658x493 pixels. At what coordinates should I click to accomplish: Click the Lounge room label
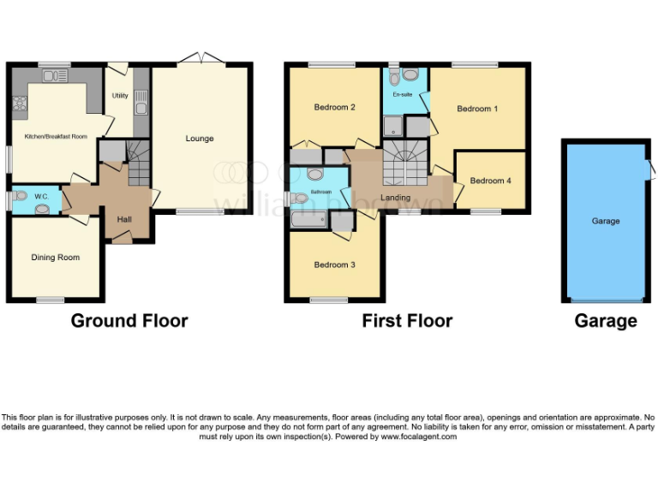[200, 139]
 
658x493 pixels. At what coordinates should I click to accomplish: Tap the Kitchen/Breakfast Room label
[56, 136]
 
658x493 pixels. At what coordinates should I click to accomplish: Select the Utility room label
[120, 95]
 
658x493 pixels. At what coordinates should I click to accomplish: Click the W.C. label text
[42, 197]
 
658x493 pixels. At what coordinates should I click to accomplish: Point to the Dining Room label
[56, 257]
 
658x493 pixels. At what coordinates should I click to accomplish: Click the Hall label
[124, 220]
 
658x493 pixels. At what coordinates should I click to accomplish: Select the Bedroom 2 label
[334, 107]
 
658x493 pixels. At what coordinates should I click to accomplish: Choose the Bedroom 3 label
[334, 264]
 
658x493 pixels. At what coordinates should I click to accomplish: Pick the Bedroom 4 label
[491, 181]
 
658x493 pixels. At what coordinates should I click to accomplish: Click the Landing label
[395, 198]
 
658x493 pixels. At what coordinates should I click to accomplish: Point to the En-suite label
[402, 94]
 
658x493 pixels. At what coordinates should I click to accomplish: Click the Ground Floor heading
[129, 321]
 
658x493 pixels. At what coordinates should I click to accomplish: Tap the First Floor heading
[407, 321]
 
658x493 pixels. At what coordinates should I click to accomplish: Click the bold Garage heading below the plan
[606, 321]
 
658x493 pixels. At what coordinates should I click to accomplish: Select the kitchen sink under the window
[55, 76]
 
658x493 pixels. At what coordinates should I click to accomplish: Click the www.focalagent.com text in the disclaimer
[419, 437]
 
